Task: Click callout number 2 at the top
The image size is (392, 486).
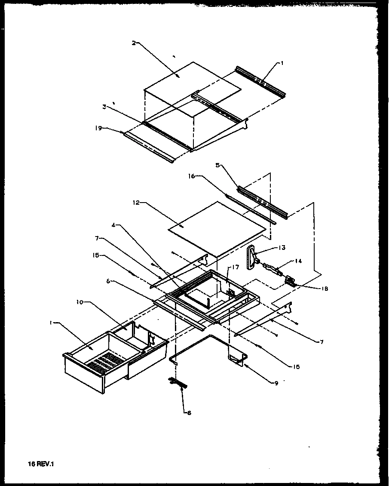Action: [134, 43]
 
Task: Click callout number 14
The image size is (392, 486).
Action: [297, 261]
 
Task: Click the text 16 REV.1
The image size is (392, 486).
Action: [42, 464]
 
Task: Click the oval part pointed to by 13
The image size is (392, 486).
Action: [251, 257]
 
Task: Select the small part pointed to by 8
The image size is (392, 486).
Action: [178, 381]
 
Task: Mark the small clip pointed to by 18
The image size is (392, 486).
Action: [291, 281]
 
